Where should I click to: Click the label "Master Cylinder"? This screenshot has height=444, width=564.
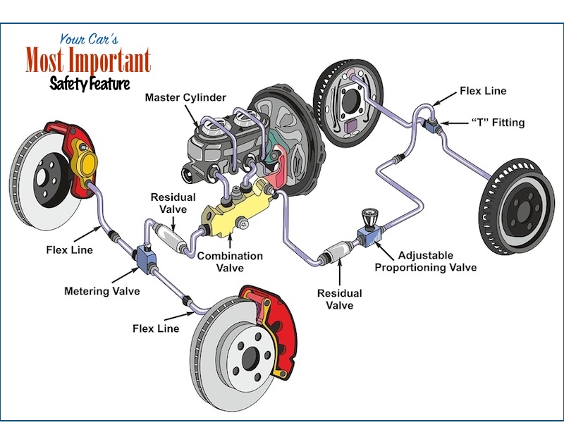point(184,97)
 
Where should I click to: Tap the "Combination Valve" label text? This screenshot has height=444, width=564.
point(230,262)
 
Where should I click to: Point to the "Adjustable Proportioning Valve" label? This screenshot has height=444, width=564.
point(425,261)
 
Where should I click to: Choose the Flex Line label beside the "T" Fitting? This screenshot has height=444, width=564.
point(482,91)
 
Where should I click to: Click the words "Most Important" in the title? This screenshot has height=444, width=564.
point(88,61)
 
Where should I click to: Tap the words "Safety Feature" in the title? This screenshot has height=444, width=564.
point(90,84)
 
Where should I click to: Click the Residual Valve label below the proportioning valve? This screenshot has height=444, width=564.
point(339,300)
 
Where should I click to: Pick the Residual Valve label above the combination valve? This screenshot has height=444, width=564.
point(173,204)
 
